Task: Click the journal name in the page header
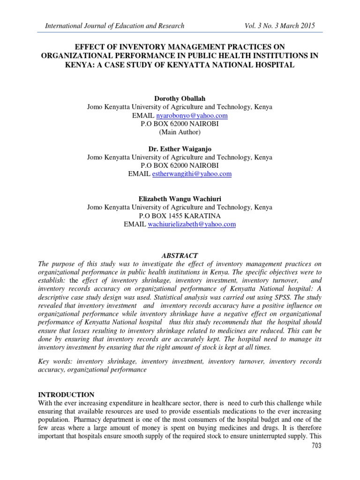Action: pyautogui.click(x=114, y=26)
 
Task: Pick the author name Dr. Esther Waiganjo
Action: pyautogui.click(x=180, y=149)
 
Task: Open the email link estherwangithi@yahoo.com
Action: pyautogui.click(x=192, y=174)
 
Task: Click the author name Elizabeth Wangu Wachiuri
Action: pyautogui.click(x=180, y=198)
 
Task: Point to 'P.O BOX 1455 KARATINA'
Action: pyautogui.click(x=180, y=216)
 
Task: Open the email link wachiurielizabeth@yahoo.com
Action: pyautogui.click(x=192, y=225)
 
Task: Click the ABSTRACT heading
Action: pyautogui.click(x=180, y=256)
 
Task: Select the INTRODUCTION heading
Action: pyautogui.click(x=66, y=395)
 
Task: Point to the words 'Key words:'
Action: pyautogui.click(x=55, y=361)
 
